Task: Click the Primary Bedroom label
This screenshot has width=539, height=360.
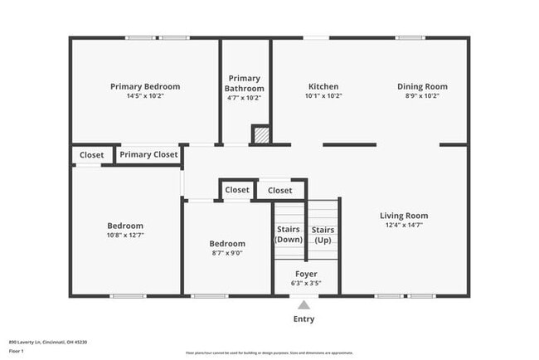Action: click(145, 86)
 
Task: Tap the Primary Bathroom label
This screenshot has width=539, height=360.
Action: click(245, 84)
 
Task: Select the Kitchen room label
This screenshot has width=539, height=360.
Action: click(323, 86)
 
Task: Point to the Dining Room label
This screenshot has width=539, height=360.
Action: click(422, 86)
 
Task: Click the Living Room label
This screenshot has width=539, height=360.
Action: click(404, 216)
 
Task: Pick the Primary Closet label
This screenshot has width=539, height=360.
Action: click(148, 154)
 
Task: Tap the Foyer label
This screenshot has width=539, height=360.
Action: click(307, 274)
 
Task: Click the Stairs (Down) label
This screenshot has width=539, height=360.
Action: click(289, 235)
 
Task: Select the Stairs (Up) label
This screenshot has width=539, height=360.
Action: click(323, 235)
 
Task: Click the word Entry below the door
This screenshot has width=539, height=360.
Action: click(304, 319)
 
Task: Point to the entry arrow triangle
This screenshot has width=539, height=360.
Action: click(304, 304)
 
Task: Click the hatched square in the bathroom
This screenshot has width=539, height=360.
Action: click(260, 134)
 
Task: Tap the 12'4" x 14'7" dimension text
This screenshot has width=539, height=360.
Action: click(404, 225)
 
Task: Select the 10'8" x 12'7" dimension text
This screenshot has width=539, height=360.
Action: click(125, 235)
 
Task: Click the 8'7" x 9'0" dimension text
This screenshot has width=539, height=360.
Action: click(226, 253)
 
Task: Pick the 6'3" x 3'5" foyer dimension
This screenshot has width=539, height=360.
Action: click(307, 283)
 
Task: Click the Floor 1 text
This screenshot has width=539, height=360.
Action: click(17, 349)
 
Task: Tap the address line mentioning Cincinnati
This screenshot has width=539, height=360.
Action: click(47, 341)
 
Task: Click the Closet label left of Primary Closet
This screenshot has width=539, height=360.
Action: click(91, 154)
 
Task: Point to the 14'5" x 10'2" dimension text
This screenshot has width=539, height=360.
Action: click(145, 95)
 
